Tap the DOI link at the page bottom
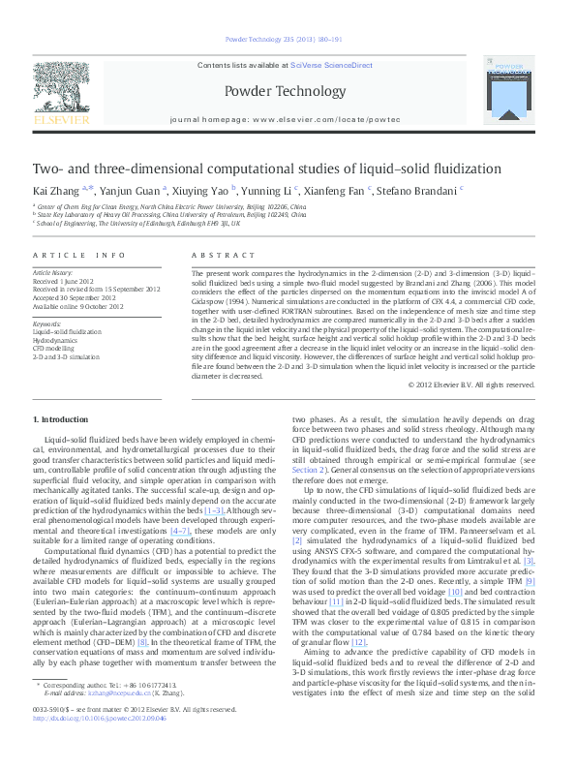tap(99, 745)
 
